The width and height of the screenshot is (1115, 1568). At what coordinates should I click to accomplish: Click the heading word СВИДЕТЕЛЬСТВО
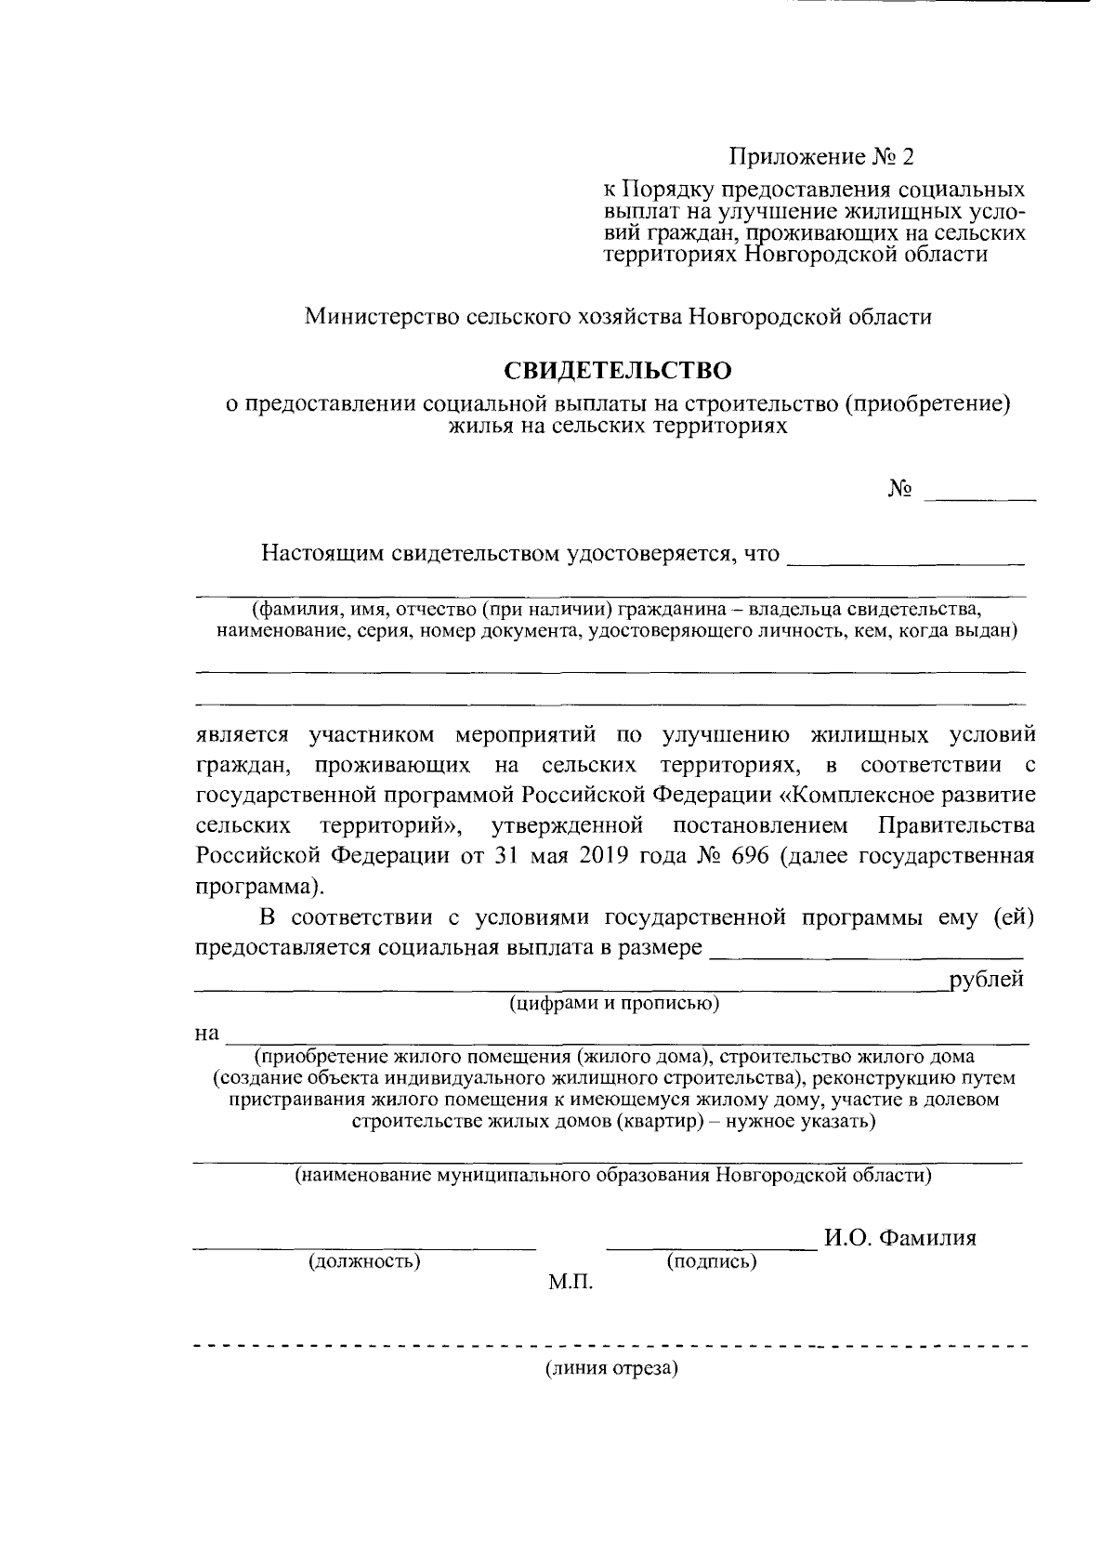coord(618,371)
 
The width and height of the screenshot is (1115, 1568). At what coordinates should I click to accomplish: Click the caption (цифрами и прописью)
coord(614,1004)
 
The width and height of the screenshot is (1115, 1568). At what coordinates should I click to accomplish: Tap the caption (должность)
coord(364,1261)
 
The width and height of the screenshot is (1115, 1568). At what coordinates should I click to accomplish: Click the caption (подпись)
coord(712,1261)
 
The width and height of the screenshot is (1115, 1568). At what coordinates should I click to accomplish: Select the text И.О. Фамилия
coord(900,1238)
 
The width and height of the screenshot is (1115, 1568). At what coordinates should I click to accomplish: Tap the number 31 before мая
coord(506,856)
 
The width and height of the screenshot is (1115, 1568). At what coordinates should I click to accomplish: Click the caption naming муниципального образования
coord(613,1175)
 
